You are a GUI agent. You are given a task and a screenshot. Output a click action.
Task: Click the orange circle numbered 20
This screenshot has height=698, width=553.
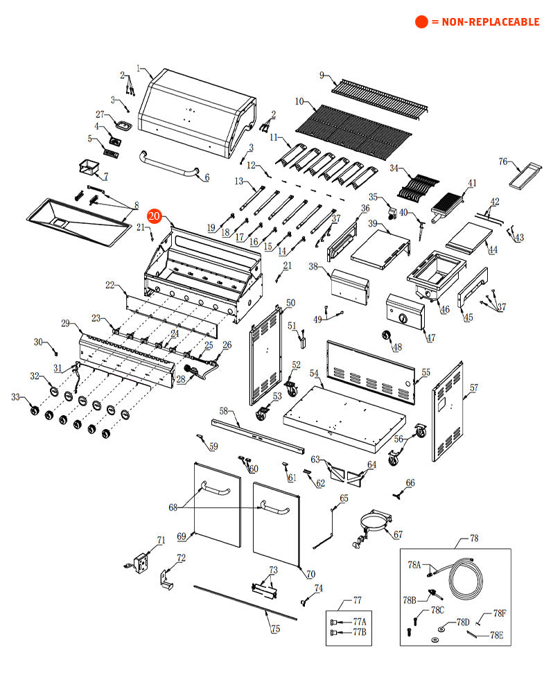(155, 217)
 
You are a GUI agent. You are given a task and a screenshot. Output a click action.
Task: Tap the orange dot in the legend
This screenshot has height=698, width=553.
(421, 22)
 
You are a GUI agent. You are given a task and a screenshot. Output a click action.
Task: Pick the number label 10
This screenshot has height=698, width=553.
(299, 101)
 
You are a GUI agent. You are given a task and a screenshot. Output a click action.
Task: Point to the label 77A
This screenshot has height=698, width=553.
(359, 622)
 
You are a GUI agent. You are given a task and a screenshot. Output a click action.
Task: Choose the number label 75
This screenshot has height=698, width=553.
(275, 629)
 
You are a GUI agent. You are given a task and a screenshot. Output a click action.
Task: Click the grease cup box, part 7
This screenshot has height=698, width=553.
(89, 167)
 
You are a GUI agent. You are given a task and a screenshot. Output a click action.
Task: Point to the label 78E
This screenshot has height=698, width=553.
(496, 634)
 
